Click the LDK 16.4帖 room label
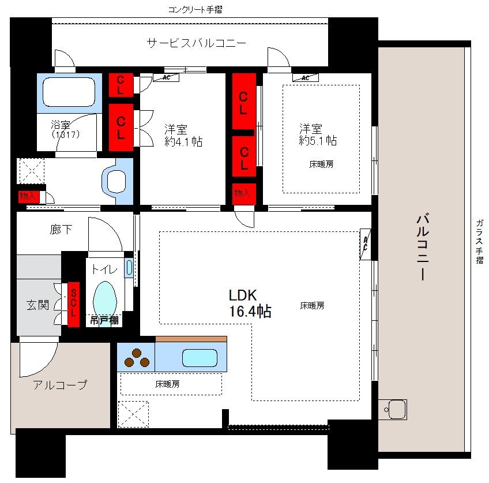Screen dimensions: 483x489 (250, 303)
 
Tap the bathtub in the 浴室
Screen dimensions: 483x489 (69, 92)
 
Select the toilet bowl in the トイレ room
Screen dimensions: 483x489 (105, 298)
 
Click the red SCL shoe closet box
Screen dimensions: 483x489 (74, 304)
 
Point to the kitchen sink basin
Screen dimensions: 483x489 (200, 358)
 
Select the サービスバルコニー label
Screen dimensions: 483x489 (197, 43)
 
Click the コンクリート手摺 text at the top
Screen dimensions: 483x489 (195, 9)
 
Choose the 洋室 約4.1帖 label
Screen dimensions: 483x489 (183, 136)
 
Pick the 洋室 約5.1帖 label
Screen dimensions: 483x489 (318, 134)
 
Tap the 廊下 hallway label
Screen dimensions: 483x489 (61, 229)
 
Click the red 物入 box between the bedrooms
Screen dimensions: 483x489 (243, 193)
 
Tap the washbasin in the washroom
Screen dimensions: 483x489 (117, 181)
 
